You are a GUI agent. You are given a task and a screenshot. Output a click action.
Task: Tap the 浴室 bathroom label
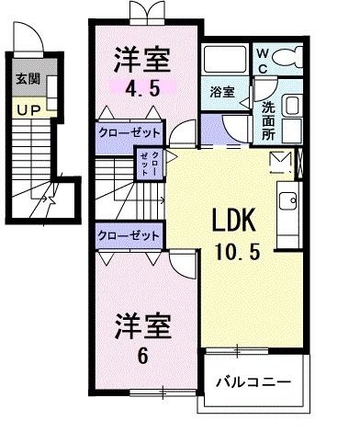click(x=221, y=93)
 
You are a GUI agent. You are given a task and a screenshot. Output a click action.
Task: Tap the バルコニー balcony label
click(x=253, y=381)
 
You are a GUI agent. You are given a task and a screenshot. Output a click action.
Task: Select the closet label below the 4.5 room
click(x=129, y=131)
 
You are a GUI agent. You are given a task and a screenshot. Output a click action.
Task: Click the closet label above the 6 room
click(x=129, y=235)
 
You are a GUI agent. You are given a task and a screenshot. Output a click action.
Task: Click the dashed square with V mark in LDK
click(x=279, y=163)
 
